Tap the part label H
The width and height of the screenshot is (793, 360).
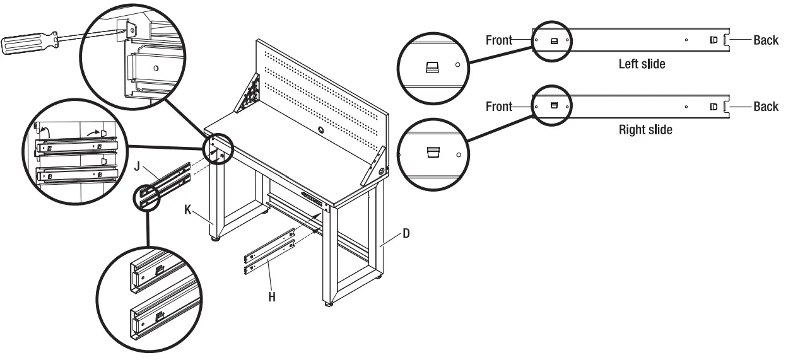click(272, 295)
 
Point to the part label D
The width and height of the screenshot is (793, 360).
click(406, 234)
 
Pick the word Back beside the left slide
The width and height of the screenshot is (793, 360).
click(766, 40)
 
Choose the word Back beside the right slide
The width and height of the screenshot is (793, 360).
click(766, 107)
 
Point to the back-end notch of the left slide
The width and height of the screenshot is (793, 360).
click(727, 40)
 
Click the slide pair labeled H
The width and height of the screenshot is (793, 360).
click(268, 252)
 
